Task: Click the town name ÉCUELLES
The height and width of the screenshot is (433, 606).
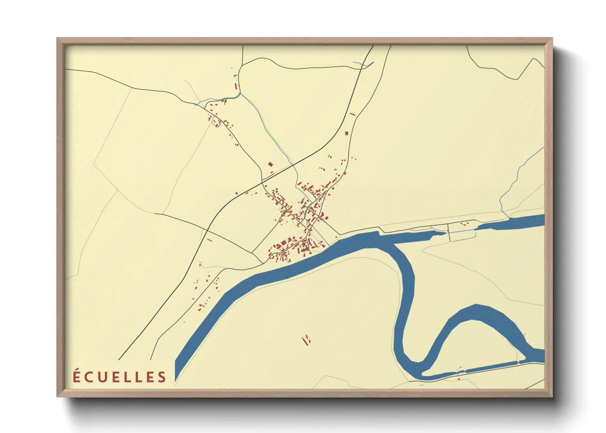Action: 120,377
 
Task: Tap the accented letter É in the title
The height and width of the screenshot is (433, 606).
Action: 77,377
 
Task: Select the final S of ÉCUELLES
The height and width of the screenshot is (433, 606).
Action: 163,377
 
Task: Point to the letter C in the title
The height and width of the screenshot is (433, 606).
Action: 88,377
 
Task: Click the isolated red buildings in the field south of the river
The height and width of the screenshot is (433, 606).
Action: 306,340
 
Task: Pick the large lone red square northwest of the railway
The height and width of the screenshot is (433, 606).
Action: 270,165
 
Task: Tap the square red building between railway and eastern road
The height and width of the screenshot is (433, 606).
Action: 346,133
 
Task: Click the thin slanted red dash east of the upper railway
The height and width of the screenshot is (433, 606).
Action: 352,114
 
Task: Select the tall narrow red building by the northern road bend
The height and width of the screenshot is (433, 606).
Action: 236,86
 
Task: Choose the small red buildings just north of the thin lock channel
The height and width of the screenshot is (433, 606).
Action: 465,223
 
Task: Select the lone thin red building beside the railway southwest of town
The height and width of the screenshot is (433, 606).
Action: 210,240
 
